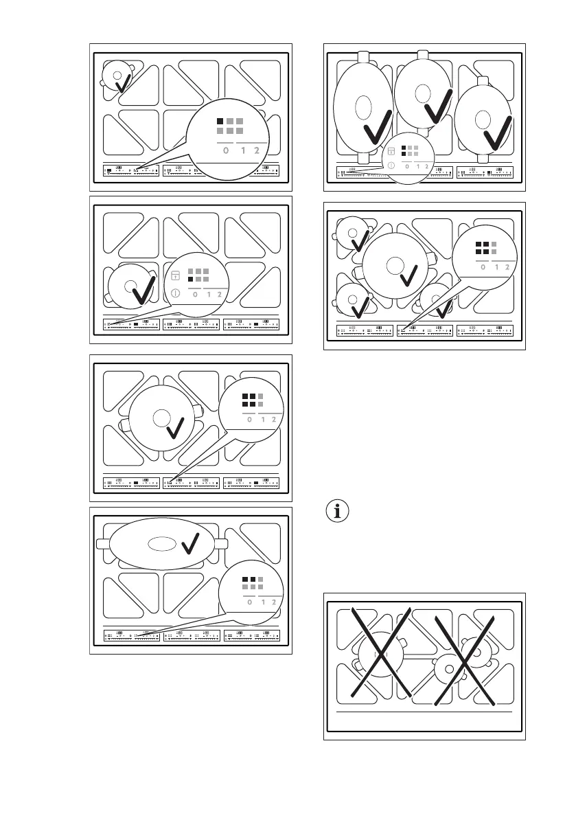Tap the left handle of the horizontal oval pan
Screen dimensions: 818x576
point(103,543)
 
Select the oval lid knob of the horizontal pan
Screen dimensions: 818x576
point(161,543)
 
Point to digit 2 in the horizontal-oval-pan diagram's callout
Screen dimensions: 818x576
point(273,602)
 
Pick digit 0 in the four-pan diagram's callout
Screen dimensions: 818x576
point(483,266)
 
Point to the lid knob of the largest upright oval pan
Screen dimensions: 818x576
point(362,109)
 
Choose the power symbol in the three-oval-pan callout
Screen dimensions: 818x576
point(392,166)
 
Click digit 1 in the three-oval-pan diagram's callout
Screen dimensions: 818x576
point(417,166)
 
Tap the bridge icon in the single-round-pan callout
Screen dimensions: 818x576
point(175,276)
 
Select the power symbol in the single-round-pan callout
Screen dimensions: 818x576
point(175,293)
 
